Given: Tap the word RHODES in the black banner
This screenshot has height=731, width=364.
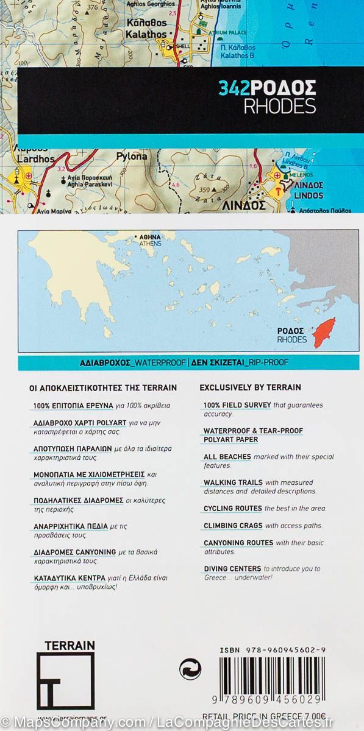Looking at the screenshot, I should click(x=279, y=106).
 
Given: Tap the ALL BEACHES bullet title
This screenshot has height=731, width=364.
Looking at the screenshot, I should click(x=227, y=457).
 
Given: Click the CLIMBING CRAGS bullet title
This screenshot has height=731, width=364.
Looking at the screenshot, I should click(x=232, y=525).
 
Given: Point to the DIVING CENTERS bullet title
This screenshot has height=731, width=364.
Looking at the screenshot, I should click(x=232, y=568).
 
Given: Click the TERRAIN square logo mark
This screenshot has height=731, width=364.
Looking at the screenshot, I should click(x=65, y=680).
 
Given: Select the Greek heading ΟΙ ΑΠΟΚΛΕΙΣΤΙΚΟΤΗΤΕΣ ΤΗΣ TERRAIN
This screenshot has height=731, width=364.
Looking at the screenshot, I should click(x=103, y=387).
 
